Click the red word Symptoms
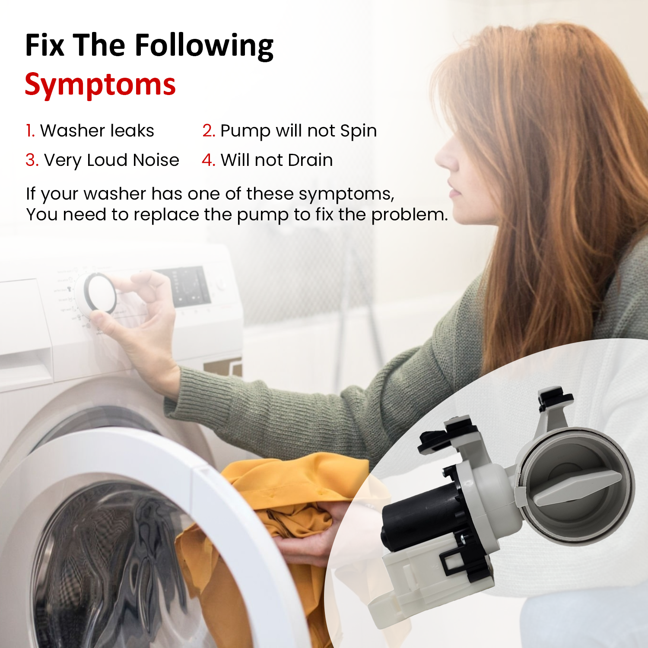pyautogui.click(x=100, y=85)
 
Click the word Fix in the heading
pyautogui.click(x=44, y=45)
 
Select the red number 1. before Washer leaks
pyautogui.click(x=30, y=131)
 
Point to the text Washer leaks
pyautogui.click(x=97, y=131)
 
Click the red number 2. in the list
pyautogui.click(x=209, y=131)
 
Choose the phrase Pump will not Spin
pyautogui.click(x=299, y=131)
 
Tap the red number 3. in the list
pyautogui.click(x=32, y=160)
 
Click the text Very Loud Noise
pyautogui.click(x=111, y=160)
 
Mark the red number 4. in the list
pyautogui.click(x=208, y=160)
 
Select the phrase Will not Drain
pyautogui.click(x=276, y=160)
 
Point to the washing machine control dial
pyautogui.click(x=100, y=294)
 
